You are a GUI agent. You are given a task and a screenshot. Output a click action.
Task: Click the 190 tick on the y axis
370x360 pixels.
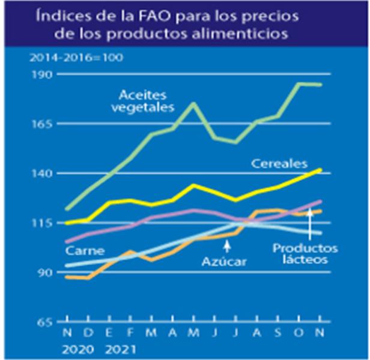(46, 74)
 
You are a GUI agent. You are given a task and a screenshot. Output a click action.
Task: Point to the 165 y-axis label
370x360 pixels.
(46, 124)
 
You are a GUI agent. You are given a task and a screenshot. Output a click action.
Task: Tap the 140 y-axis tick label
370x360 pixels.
(46, 173)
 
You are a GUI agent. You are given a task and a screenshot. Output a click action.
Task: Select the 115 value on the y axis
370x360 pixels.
(46, 223)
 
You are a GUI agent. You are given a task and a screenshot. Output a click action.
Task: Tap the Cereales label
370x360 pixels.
(280, 163)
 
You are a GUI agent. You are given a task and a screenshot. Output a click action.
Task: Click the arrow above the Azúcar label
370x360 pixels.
(226, 245)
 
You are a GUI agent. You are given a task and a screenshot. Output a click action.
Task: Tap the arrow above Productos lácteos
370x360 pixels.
(309, 226)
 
